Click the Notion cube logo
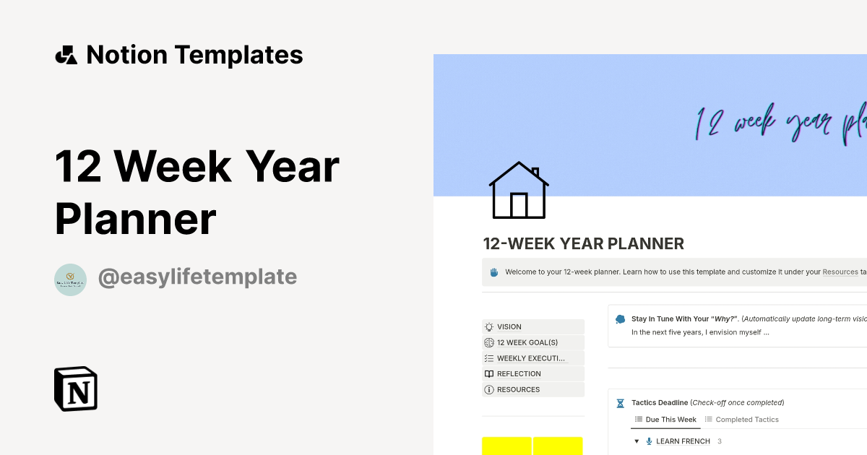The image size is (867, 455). (x=76, y=389)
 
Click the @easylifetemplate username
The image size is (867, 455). (x=197, y=277)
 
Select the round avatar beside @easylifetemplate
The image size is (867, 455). (x=70, y=279)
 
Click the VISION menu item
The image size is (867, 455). (x=509, y=327)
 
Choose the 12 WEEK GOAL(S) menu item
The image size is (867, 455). (x=527, y=343)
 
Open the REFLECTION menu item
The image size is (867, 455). (x=519, y=374)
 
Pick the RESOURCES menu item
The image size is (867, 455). (x=518, y=390)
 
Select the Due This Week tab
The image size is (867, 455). (x=670, y=420)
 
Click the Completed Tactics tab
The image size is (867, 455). (x=746, y=420)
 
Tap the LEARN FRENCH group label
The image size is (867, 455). (x=683, y=441)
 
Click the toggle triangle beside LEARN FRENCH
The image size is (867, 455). (x=637, y=441)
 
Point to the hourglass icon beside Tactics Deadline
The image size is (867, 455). (x=620, y=403)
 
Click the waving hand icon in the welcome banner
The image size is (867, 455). (x=494, y=272)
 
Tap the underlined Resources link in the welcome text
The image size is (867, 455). (x=840, y=272)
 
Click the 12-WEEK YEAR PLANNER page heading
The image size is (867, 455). (x=584, y=244)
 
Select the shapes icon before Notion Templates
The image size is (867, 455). (x=66, y=55)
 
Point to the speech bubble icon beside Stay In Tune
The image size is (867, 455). (x=620, y=318)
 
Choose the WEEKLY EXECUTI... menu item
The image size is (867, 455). (x=530, y=358)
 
